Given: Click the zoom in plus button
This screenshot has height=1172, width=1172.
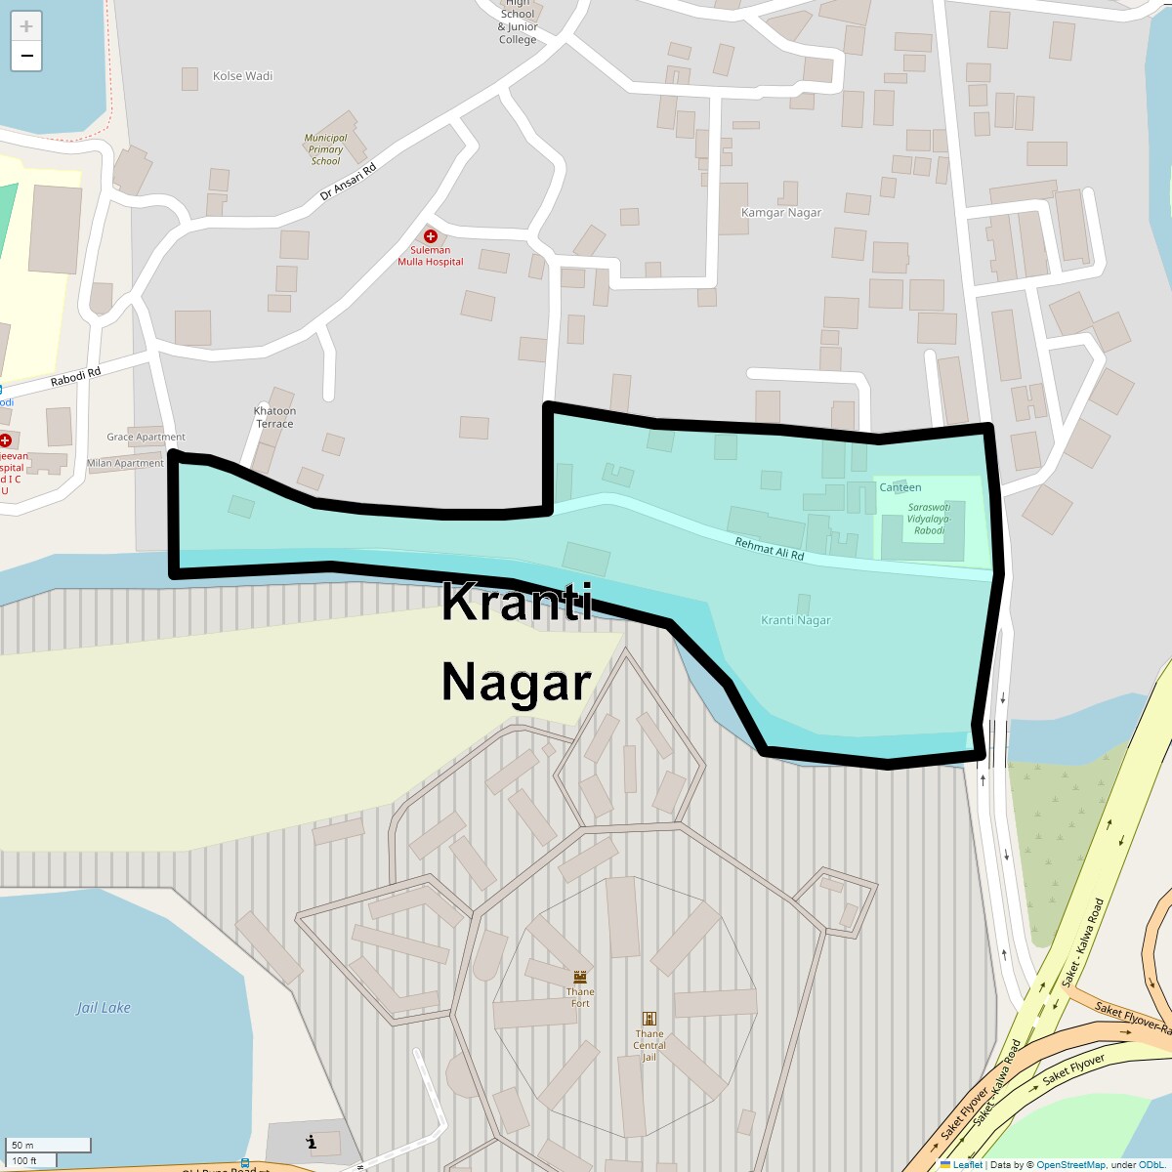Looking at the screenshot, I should [x=26, y=26].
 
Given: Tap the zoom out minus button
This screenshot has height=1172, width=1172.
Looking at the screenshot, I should [x=26, y=56].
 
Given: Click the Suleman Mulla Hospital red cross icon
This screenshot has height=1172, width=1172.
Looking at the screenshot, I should [x=430, y=236].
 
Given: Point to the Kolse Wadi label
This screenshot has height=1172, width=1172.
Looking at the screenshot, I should [x=242, y=76].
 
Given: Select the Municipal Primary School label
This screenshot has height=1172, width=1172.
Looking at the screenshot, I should [x=325, y=149].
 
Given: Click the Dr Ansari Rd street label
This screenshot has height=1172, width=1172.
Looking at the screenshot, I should [x=348, y=182].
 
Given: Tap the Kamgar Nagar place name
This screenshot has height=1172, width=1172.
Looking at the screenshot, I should [x=781, y=213].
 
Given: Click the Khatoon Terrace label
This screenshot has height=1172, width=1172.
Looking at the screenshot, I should [x=274, y=417].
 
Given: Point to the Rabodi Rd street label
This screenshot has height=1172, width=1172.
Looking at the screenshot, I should [x=76, y=377].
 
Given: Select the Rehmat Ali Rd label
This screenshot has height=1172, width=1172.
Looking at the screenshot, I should [x=770, y=549].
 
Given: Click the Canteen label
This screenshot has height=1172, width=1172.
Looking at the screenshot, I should [x=900, y=487].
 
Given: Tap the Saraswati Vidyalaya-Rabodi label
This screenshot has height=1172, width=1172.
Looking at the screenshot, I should [x=929, y=519].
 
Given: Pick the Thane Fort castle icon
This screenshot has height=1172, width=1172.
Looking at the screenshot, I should [x=580, y=977].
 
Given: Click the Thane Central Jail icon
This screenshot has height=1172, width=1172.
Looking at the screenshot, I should [x=649, y=1019].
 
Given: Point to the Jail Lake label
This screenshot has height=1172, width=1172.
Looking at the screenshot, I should [x=104, y=1008].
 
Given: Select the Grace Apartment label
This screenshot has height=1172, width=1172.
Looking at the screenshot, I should [x=146, y=438].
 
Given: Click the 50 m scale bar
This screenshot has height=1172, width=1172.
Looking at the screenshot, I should [x=49, y=1145].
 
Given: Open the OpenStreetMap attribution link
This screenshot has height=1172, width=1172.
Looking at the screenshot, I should [x=1070, y=1164].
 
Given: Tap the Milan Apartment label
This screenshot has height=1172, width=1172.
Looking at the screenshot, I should [x=125, y=464].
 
